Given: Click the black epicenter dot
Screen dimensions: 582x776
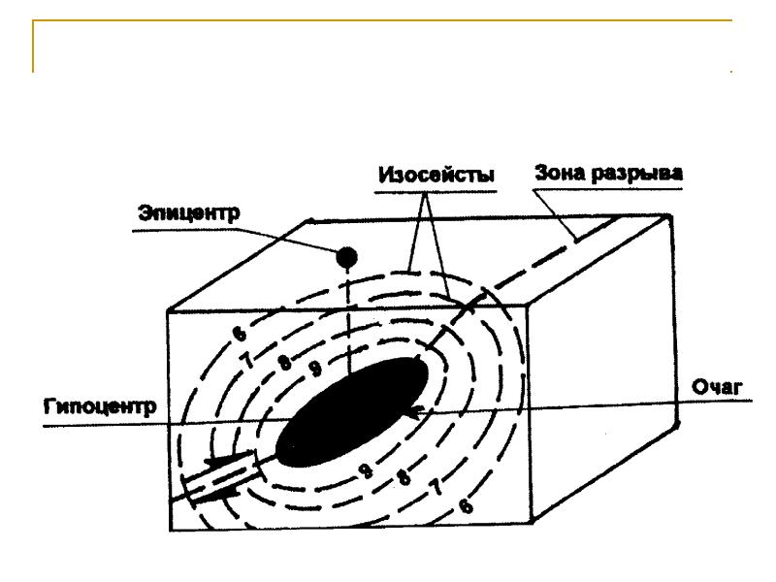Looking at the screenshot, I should click(x=346, y=256).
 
